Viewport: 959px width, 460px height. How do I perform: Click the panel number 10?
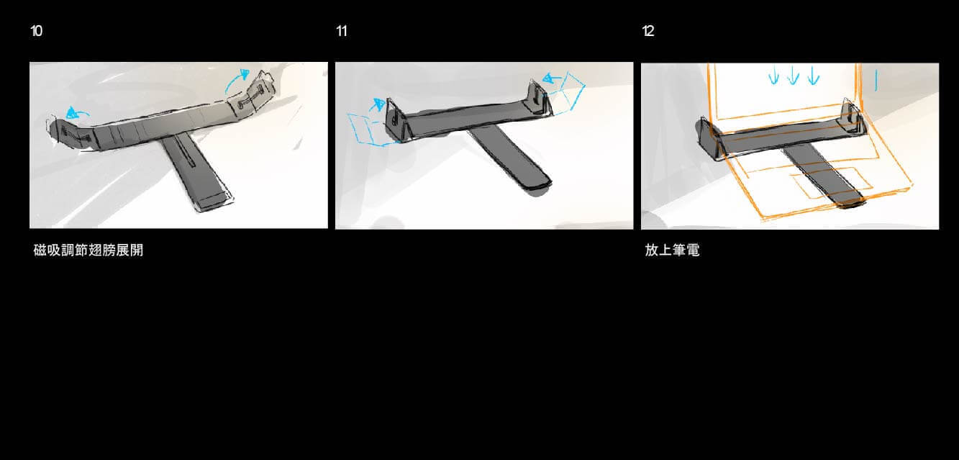coord(37,31)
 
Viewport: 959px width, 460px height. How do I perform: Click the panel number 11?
coord(342,31)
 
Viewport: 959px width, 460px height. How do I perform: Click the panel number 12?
coord(648,31)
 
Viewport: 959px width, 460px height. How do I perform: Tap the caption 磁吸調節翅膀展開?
coord(88,250)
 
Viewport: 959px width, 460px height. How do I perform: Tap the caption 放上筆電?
coord(673,250)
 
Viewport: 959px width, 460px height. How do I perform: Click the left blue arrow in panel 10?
coord(77,112)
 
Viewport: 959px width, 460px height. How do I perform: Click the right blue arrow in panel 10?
coord(235,81)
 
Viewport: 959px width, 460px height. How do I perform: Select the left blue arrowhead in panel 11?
coord(378,104)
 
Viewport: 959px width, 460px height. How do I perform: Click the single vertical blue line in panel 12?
coord(876,81)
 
